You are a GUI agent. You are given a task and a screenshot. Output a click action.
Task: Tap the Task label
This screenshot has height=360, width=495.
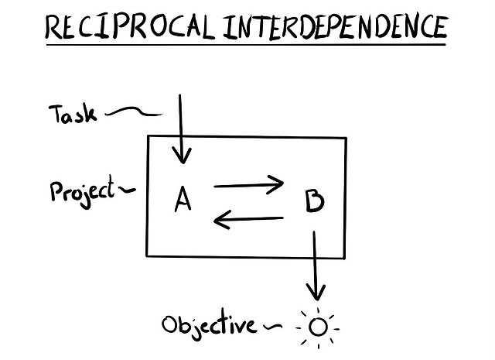coord(73,115)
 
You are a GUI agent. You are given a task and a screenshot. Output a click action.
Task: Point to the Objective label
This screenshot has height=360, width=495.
coord(208,324)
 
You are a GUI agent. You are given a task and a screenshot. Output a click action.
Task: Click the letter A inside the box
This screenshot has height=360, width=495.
coord(183,201)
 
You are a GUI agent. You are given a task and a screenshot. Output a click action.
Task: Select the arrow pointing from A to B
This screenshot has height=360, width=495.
coord(248,185)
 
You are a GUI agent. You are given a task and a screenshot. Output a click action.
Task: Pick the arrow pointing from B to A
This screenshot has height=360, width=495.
coord(248,221)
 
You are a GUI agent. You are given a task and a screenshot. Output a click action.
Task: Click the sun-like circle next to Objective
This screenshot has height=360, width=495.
coord(318,327)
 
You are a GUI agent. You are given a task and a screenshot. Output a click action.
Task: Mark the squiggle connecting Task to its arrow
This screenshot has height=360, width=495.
coord(133,114)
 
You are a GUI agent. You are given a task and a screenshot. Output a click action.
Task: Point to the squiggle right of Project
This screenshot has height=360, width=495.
coord(129,188)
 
